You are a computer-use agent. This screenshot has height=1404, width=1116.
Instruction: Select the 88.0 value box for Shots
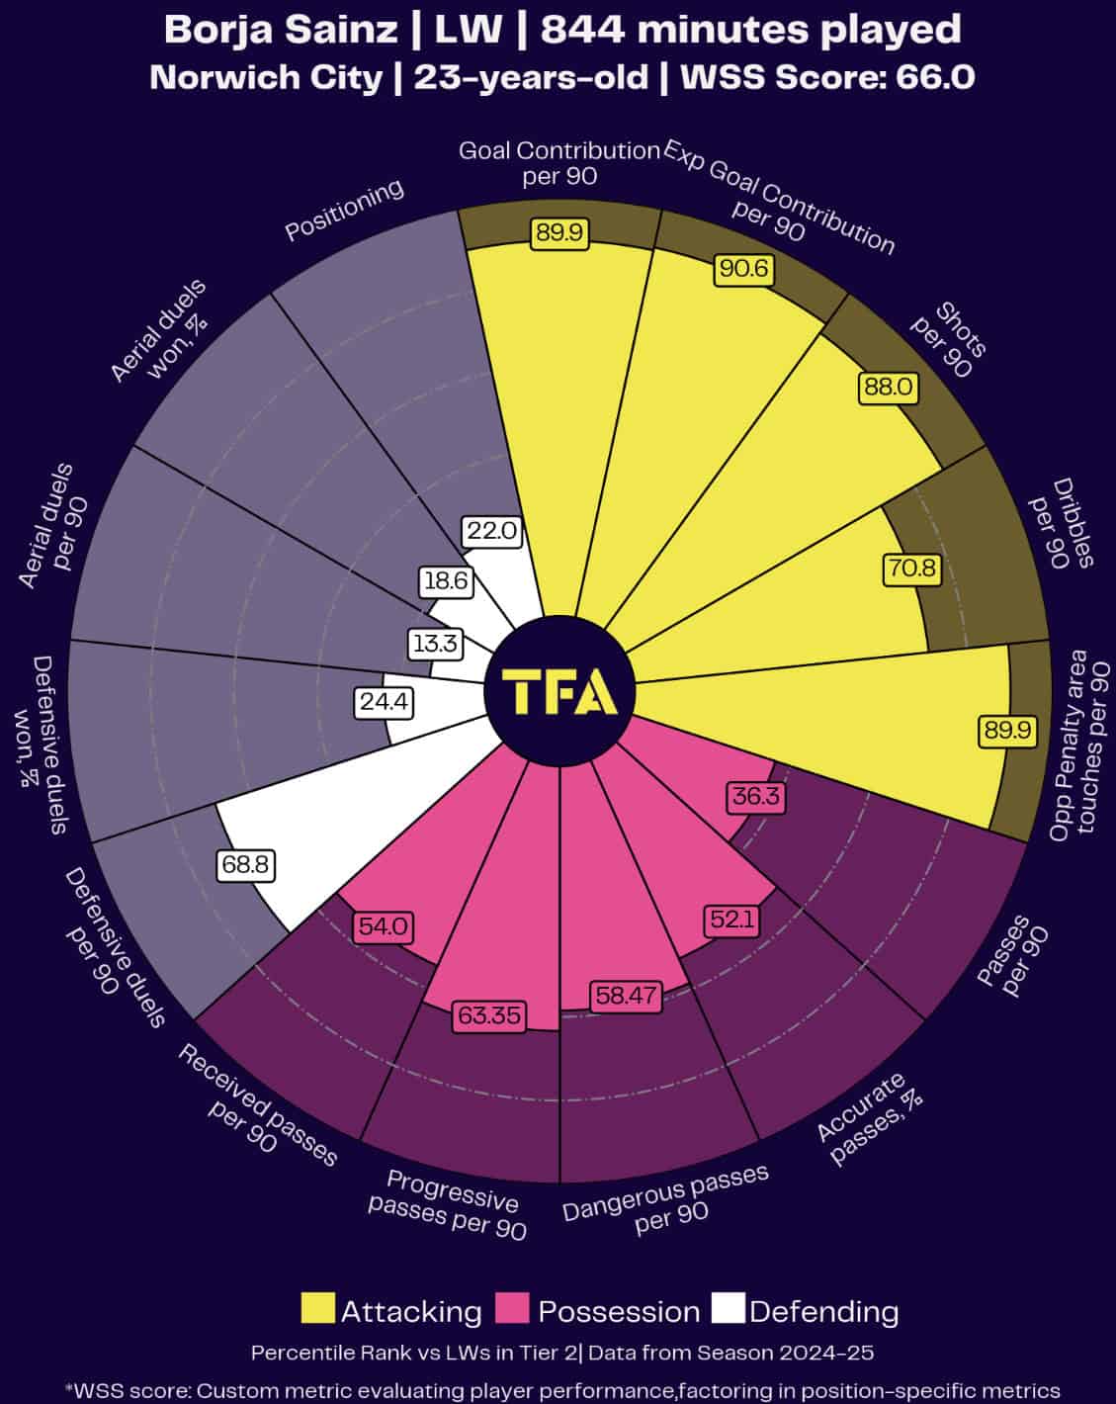[888, 387]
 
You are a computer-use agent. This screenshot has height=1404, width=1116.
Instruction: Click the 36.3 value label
[756, 796]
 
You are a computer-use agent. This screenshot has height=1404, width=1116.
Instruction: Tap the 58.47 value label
[625, 996]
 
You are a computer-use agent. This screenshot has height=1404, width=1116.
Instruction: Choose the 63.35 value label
[487, 1015]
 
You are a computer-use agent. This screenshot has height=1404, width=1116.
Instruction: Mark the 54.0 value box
[384, 927]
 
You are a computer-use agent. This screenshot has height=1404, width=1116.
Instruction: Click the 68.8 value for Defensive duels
[245, 864]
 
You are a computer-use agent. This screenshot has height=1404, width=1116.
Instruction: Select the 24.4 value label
[383, 703]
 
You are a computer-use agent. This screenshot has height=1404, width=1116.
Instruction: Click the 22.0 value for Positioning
[491, 531]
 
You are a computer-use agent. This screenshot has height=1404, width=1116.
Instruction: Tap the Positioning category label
[344, 210]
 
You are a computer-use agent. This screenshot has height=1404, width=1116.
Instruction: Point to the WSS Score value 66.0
[935, 77]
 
